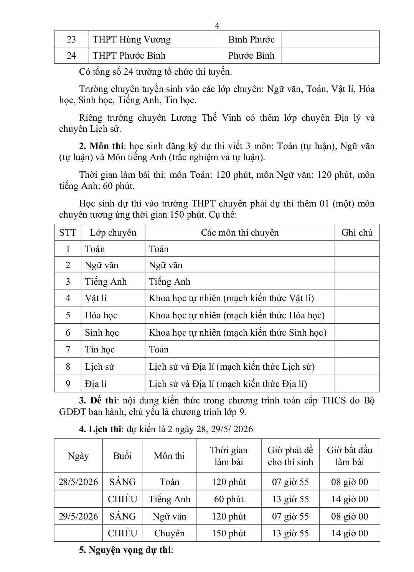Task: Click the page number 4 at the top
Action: (x=217, y=26)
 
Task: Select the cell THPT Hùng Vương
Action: (x=132, y=39)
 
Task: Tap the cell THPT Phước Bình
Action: (x=129, y=56)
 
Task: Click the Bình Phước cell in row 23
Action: (x=251, y=39)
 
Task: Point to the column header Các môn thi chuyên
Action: (x=240, y=233)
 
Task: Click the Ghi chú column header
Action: (x=357, y=233)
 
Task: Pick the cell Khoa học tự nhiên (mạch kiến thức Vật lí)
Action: (x=231, y=298)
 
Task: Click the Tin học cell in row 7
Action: (x=100, y=349)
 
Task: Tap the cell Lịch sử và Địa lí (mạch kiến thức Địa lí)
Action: (x=228, y=384)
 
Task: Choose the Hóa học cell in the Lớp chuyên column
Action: (x=101, y=315)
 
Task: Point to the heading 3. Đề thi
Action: (x=98, y=401)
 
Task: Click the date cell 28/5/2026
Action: (x=78, y=482)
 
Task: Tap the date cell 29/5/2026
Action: (x=78, y=516)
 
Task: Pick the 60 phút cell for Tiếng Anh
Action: (x=229, y=499)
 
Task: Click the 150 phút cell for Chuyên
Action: (x=229, y=533)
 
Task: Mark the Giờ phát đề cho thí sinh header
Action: (x=290, y=456)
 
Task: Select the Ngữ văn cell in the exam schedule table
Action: (x=169, y=516)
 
